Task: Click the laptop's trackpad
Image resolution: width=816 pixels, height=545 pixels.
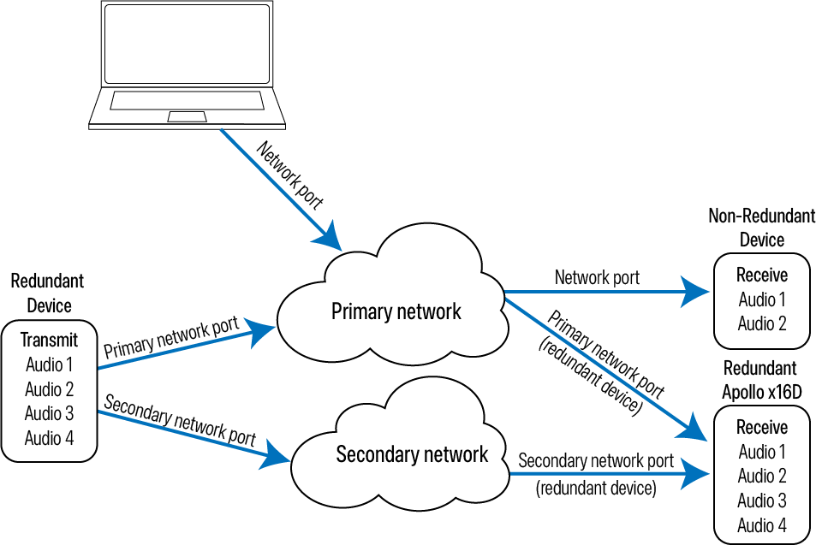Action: click(186, 116)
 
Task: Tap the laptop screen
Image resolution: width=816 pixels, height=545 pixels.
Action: click(187, 43)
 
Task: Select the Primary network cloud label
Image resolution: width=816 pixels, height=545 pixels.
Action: click(396, 311)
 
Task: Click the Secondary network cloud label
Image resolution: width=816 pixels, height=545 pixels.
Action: click(412, 454)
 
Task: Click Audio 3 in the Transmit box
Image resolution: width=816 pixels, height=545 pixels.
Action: click(49, 413)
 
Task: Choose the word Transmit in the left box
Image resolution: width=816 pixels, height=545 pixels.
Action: click(49, 341)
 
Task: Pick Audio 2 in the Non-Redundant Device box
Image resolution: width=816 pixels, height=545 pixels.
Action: click(761, 323)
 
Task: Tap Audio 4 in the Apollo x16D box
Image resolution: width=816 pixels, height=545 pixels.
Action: click(761, 524)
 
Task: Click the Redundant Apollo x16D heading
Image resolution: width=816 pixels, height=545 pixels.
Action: click(760, 380)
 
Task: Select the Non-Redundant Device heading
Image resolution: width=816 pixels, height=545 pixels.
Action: click(761, 227)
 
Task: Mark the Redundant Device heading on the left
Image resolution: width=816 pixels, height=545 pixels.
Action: click(48, 293)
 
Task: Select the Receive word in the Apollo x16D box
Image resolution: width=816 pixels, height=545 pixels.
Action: click(761, 427)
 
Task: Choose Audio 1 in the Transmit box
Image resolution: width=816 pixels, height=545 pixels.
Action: click(49, 364)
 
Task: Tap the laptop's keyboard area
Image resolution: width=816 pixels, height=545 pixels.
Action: click(186, 101)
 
